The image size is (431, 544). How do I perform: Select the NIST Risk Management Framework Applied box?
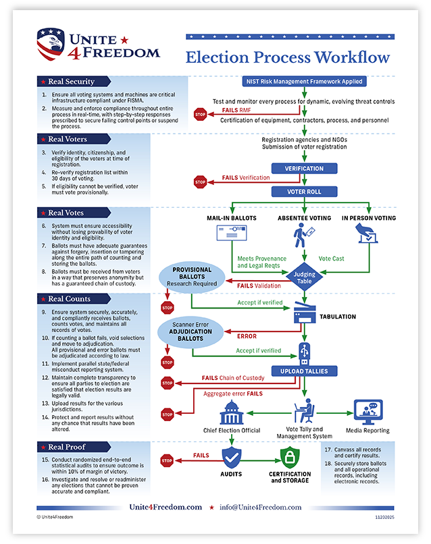[304, 82]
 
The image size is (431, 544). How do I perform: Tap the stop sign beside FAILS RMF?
[200, 114]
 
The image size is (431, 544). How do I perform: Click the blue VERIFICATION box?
[304, 168]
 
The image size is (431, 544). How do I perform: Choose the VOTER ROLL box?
[304, 191]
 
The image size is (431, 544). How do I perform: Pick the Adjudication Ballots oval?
[193, 331]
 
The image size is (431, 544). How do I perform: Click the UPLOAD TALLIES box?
[304, 371]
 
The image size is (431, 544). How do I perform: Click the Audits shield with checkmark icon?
[232, 459]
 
